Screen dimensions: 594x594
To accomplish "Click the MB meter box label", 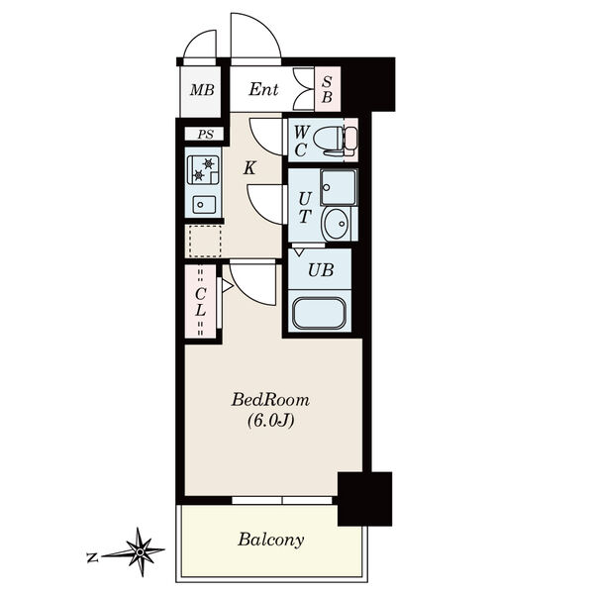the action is click(202, 90).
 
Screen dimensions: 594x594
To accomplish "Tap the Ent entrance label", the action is click(263, 89).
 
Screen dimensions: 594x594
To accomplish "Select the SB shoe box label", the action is click(327, 89).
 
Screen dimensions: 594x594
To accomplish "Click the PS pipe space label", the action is click(205, 135).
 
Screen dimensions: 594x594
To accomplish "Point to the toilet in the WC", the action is click(336, 140).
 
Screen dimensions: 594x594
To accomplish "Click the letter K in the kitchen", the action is click(249, 168).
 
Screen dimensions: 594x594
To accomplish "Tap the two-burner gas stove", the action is click(203, 169).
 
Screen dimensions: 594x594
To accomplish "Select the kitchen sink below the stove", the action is click(204, 205).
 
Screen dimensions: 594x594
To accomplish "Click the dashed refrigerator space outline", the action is click(205, 241).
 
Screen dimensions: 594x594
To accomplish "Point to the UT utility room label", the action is click(305, 208).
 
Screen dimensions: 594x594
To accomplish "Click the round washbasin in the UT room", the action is click(336, 224).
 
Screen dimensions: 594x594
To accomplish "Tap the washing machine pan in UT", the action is click(339, 187).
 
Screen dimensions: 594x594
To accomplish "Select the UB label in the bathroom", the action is click(321, 270).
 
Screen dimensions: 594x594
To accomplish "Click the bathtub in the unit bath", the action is click(319, 313).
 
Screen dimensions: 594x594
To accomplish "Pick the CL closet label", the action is click(200, 302).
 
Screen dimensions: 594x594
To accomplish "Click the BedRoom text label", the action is click(270, 400).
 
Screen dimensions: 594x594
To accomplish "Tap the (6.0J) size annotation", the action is click(270, 421).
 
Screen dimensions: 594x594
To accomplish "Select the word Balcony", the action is click(270, 540).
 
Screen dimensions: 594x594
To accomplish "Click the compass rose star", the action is click(140, 552).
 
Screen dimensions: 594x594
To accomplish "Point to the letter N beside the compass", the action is click(92, 557).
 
